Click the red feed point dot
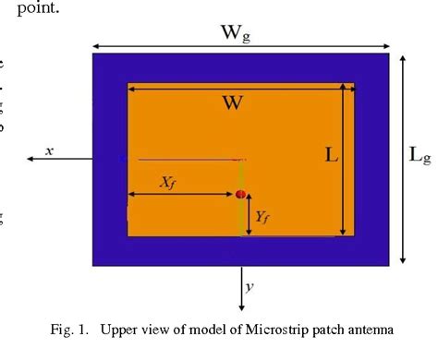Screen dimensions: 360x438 click(x=240, y=195)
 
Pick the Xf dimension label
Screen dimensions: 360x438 click(x=167, y=183)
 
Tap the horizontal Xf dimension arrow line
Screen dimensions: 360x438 click(x=180, y=194)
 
